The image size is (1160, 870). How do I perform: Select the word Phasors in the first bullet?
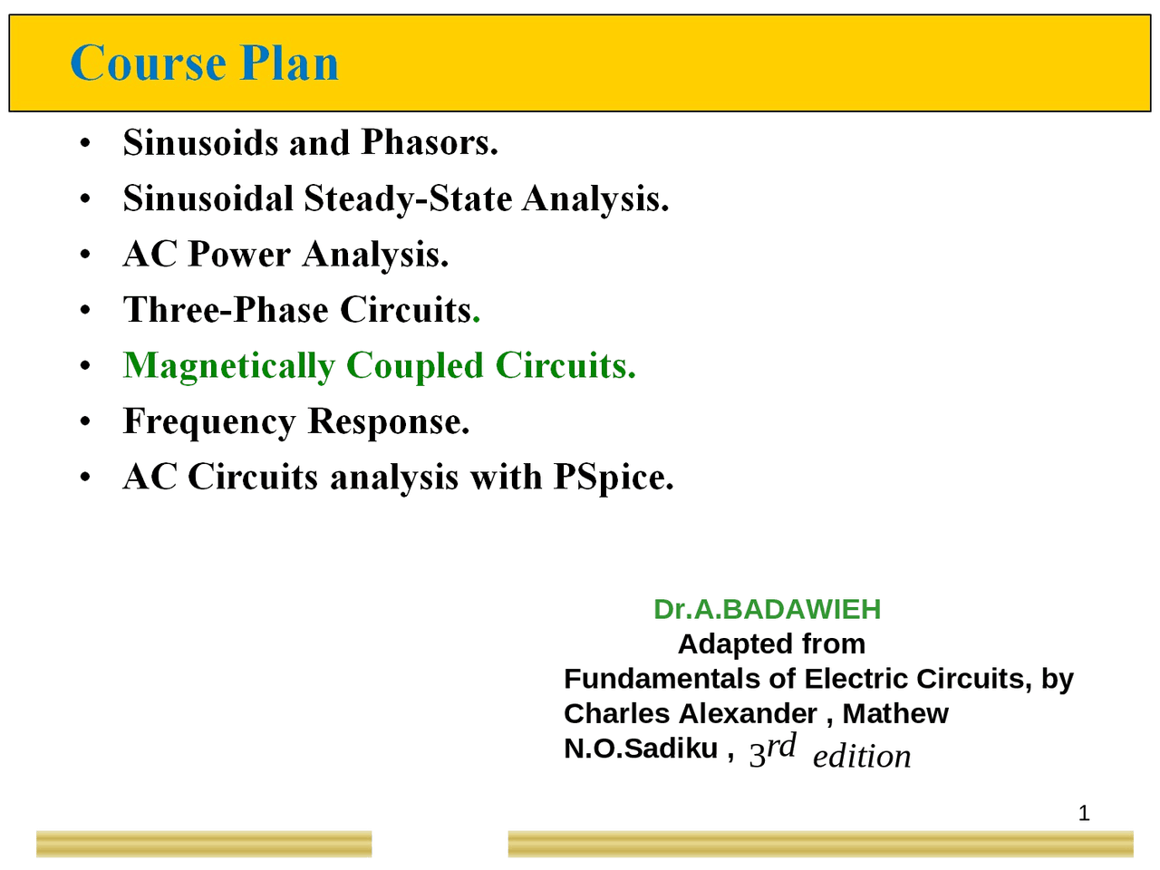pyautogui.click(x=429, y=142)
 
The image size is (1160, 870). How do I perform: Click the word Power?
pyautogui.click(x=239, y=255)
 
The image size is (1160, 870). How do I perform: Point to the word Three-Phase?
pyautogui.click(x=226, y=310)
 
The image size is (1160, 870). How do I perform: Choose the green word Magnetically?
pyautogui.click(x=228, y=366)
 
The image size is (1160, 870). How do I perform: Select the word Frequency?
pyautogui.click(x=209, y=422)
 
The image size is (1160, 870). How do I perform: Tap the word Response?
pyautogui.click(x=388, y=422)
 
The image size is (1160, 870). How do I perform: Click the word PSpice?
pyautogui.click(x=614, y=477)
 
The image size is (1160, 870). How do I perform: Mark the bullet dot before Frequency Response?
pyautogui.click(x=84, y=422)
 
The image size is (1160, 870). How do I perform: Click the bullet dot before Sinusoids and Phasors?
pyautogui.click(x=84, y=144)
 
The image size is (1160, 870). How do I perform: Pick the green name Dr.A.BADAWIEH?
pyautogui.click(x=767, y=609)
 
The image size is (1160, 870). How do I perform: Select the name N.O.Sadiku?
pyautogui.click(x=640, y=749)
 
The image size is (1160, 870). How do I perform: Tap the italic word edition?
pyautogui.click(x=861, y=757)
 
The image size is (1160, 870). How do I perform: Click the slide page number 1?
pyautogui.click(x=1084, y=814)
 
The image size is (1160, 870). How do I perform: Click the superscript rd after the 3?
pyautogui.click(x=781, y=746)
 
